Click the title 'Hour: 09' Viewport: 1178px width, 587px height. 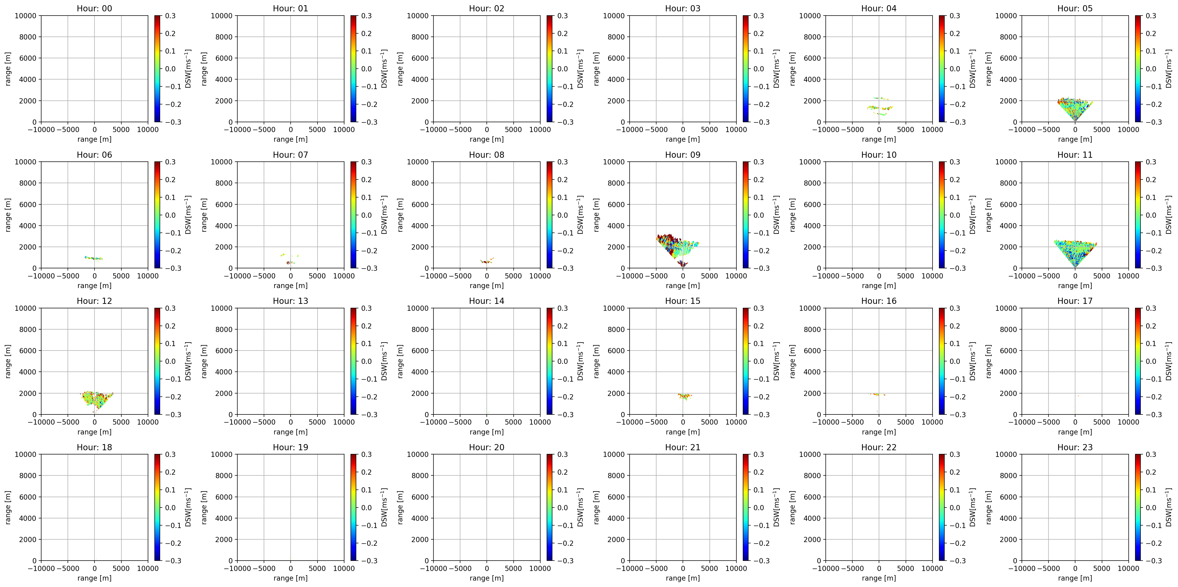[x=682, y=155]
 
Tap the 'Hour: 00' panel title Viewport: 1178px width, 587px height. [x=94, y=8]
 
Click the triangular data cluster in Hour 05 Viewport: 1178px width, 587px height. [x=1075, y=108]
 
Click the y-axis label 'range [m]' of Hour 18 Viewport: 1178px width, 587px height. [x=8, y=507]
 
